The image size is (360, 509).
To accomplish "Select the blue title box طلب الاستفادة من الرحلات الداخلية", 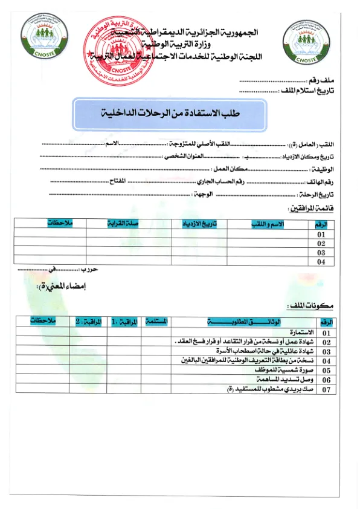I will (x=161, y=114).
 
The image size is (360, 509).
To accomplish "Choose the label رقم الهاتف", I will (x=323, y=182).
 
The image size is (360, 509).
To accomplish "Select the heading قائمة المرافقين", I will (x=313, y=209).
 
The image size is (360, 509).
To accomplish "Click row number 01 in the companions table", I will (x=322, y=235).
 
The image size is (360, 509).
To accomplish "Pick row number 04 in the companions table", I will (x=322, y=262).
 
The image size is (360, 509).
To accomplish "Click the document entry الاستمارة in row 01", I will (x=302, y=332).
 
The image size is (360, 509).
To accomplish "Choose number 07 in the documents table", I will (x=327, y=391).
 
